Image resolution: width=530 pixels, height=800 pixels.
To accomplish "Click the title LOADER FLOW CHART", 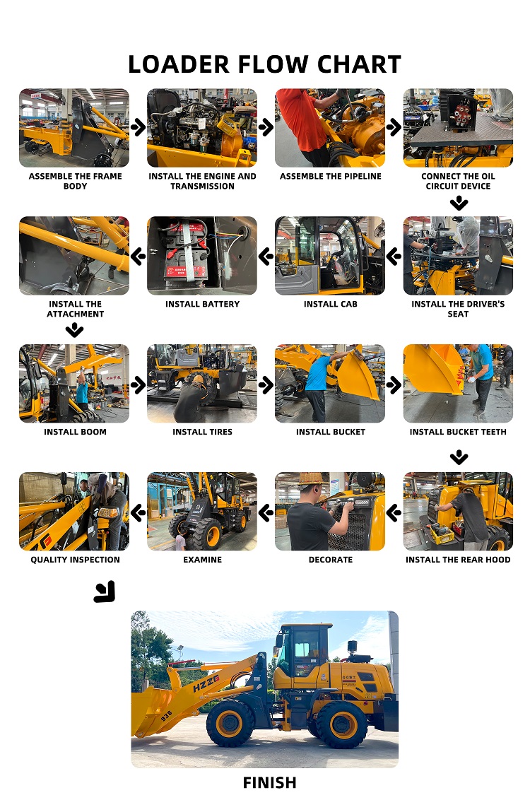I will tap(264, 64).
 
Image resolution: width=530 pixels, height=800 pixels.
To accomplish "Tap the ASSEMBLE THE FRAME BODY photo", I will tap(74, 128).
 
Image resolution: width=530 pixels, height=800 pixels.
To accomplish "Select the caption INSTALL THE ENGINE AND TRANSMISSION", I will tap(202, 181).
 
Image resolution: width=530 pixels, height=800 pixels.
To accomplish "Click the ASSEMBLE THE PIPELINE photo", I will tap(330, 128).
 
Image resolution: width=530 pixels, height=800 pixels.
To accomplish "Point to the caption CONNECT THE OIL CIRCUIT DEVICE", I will tap(458, 181).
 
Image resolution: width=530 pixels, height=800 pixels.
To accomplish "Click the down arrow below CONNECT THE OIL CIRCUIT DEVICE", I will tap(459, 204).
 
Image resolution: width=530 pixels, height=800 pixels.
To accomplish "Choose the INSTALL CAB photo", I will tap(330, 256).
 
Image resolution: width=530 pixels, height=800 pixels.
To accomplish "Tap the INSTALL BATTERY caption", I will tap(202, 304).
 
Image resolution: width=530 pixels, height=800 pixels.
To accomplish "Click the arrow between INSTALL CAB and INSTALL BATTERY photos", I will tap(266, 256).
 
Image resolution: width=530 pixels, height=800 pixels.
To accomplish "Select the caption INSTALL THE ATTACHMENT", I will tap(75, 309).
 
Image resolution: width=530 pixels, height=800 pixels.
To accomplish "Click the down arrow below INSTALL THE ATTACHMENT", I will tap(74, 330).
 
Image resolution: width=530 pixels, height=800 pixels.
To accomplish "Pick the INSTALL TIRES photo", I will tap(202, 384).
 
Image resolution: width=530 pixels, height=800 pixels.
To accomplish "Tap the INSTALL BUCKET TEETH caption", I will tap(458, 432).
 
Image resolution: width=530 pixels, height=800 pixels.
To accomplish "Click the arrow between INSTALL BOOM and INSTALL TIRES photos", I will tap(139, 384).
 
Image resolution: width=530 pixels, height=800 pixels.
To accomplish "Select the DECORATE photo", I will tap(330, 512).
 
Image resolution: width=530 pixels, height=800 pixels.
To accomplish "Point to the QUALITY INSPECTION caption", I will tap(75, 560).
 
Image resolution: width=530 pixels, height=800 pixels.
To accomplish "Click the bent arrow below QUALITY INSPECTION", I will tap(105, 592).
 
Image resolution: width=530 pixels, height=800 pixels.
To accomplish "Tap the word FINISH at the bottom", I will tap(269, 782).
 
